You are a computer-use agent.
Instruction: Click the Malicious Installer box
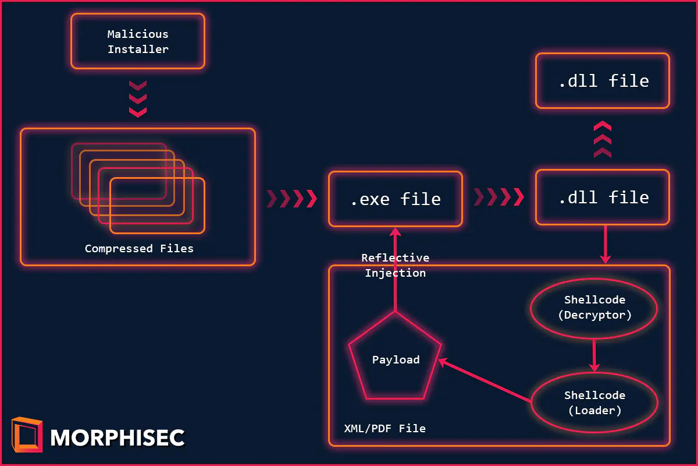tap(138, 41)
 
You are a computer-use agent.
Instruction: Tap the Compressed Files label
tap(139, 249)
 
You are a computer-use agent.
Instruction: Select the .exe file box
tap(396, 199)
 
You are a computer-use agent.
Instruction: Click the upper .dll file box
tap(603, 81)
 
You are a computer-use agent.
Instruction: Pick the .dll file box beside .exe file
tap(603, 197)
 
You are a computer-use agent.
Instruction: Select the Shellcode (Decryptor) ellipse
tap(594, 308)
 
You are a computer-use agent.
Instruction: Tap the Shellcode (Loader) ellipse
tap(594, 403)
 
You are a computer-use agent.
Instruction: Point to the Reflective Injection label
tap(395, 266)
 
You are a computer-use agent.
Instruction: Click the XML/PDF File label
tap(384, 429)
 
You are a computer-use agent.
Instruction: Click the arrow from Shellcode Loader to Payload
tap(486, 381)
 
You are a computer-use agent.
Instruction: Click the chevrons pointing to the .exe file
tap(291, 199)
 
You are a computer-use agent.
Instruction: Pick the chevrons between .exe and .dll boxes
tap(498, 197)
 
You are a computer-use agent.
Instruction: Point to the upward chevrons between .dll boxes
tap(603, 139)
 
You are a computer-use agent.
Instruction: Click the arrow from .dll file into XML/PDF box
tap(606, 244)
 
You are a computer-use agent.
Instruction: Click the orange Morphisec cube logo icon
tap(27, 435)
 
